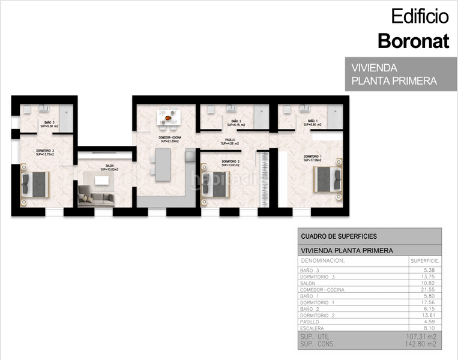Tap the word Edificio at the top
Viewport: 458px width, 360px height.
pyautogui.click(x=420, y=16)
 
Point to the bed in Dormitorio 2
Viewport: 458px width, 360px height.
pyautogui.click(x=214, y=184)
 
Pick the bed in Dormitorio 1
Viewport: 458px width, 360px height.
pyautogui.click(x=327, y=178)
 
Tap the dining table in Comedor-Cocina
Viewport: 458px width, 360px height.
pyautogui.click(x=168, y=118)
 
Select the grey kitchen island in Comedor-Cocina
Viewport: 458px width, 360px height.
pyautogui.click(x=161, y=165)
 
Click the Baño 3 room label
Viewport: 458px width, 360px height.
pyautogui.click(x=49, y=124)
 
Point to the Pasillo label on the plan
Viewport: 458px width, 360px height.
pyautogui.click(x=230, y=142)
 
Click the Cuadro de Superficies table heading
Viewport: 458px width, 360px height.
pyautogui.click(x=339, y=236)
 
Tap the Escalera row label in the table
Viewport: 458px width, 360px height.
pyautogui.click(x=312, y=328)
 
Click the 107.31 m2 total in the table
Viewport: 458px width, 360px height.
pyautogui.click(x=423, y=337)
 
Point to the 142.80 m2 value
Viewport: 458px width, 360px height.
pyautogui.click(x=423, y=344)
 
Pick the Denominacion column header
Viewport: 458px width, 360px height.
pyautogui.click(x=323, y=261)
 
